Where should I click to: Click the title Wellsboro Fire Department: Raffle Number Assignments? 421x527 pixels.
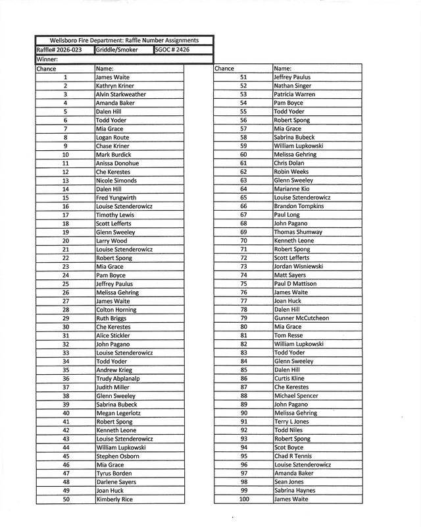[x=124, y=41]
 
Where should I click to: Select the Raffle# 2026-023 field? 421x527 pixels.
[x=64, y=49]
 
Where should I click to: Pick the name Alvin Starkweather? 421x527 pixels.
[x=121, y=94]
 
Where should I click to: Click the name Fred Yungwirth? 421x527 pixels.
[x=116, y=197]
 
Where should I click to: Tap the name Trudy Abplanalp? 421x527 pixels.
[x=117, y=379]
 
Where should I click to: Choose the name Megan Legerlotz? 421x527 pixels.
[x=118, y=413]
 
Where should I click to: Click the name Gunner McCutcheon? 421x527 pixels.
[x=301, y=318]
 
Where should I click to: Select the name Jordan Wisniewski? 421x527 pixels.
[x=299, y=267]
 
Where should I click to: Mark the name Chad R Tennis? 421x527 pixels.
[x=294, y=456]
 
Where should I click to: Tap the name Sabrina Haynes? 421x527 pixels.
[x=295, y=490]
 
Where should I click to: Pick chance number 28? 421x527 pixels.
[x=66, y=310]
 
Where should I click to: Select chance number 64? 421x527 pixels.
[x=243, y=189]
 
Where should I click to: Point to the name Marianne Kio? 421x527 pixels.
[x=291, y=189]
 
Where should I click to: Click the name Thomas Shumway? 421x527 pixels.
[x=298, y=233]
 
